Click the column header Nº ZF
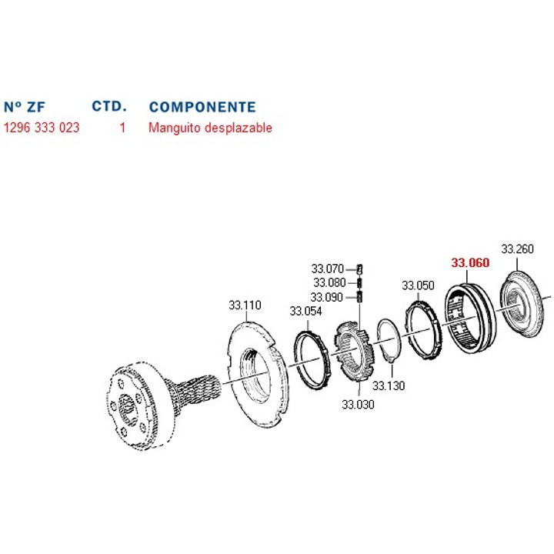pos(25,107)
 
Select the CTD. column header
pos(109,106)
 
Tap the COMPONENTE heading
pos(202,107)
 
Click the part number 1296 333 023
pos(42,128)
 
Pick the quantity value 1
pos(122,128)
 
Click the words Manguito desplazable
pos(210,128)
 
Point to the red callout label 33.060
pos(470,262)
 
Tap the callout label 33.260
pos(517,249)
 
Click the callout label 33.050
pos(418,285)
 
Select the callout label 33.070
pos(328,269)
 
